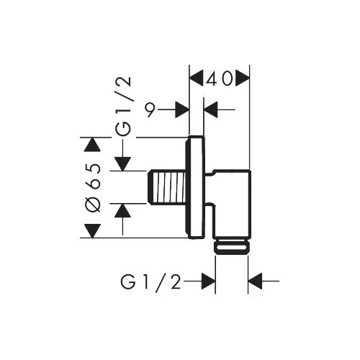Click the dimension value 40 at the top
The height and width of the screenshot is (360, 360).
[219, 78]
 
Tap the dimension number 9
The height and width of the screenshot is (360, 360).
[151, 109]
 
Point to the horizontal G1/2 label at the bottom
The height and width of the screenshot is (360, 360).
[150, 282]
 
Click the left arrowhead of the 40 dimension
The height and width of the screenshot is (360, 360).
[197, 78]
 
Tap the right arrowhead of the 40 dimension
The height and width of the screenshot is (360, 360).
[243, 78]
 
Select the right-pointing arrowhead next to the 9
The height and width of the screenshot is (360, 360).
[182, 109]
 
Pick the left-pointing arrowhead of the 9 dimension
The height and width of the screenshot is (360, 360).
[211, 109]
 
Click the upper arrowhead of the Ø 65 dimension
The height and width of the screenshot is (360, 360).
[92, 145]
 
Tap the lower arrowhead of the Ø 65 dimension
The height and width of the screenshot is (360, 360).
[92, 231]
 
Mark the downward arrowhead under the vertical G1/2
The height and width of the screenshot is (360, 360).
[122, 164]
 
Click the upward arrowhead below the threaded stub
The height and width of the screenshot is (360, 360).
[122, 210]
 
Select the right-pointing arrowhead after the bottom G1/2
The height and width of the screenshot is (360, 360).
[208, 281]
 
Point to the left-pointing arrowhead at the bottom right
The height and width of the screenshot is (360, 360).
[255, 281]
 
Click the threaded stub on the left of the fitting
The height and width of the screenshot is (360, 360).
[166, 187]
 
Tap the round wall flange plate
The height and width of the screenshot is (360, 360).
[196, 187]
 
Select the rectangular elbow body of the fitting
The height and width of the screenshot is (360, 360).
[232, 204]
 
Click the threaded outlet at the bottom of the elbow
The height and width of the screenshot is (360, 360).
[232, 247]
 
